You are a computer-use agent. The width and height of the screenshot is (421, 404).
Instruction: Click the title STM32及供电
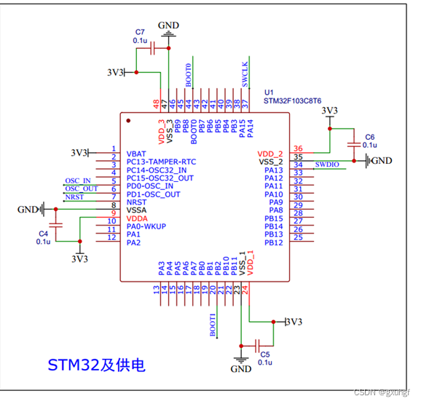coord(96,364)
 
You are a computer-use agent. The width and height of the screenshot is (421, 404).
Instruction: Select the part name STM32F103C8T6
coord(292,102)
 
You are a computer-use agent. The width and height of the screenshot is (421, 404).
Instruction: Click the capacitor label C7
coord(140,32)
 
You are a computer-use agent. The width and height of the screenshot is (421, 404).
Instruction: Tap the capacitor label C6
coord(369,137)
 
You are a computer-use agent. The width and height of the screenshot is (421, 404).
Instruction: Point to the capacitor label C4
coord(43,233)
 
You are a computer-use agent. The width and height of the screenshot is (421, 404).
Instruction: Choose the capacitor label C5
coord(264,354)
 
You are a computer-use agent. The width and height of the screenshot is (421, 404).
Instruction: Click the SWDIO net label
coord(327,165)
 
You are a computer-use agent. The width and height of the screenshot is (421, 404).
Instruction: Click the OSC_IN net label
coord(78,181)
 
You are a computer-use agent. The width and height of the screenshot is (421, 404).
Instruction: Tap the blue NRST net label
coord(74,197)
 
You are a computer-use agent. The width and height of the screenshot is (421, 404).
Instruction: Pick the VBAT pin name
coord(136,154)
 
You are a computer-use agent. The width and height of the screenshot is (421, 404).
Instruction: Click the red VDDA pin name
coord(138,218)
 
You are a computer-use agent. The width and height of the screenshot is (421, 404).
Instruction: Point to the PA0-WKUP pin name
coord(146,226)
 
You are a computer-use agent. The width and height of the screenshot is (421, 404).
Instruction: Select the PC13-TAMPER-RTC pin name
coord(161,162)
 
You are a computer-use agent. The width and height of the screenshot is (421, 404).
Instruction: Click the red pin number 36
coord(297,148)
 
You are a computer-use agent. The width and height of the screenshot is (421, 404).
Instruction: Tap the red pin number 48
coord(156,103)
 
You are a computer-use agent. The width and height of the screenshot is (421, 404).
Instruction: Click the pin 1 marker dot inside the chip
coord(128,121)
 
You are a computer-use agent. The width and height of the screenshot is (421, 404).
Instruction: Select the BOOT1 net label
coord(213,325)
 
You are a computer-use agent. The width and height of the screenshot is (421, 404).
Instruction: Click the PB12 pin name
coord(273,242)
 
